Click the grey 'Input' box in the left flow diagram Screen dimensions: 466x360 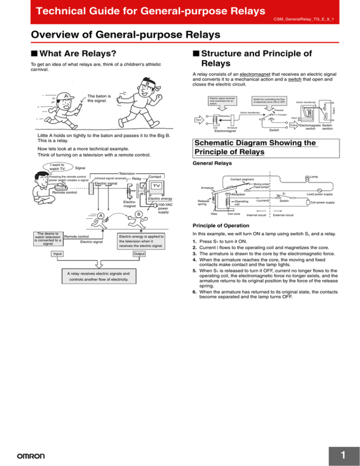point(58,254)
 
